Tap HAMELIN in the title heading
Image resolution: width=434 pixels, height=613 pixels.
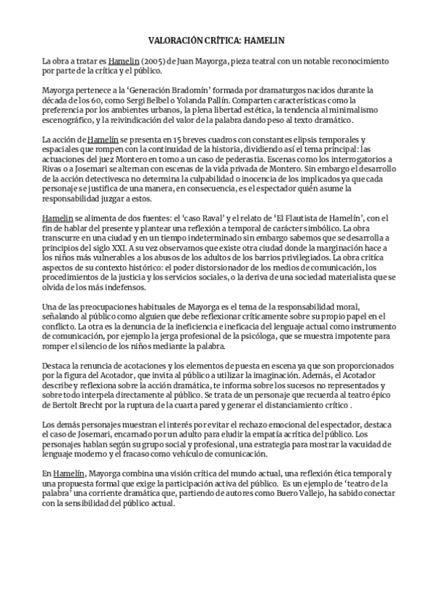(266, 43)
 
